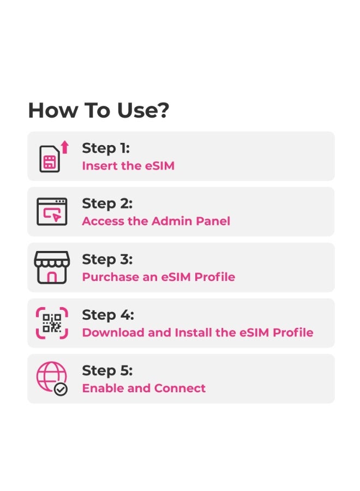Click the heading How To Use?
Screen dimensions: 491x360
pyautogui.click(x=99, y=110)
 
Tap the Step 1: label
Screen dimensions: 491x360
pyautogui.click(x=106, y=148)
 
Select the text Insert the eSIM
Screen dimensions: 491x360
pyautogui.click(x=128, y=166)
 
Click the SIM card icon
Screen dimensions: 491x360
pyautogui.click(x=49, y=159)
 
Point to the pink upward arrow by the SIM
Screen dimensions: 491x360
pyautogui.click(x=65, y=147)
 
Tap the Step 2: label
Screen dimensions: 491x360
pyautogui.click(x=107, y=203)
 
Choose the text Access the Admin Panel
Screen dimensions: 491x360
pyautogui.click(x=156, y=221)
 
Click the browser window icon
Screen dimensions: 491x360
pyautogui.click(x=52, y=212)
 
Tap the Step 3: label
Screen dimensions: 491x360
pyautogui.click(x=107, y=259)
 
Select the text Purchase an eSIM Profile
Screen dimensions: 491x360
pyautogui.click(x=158, y=277)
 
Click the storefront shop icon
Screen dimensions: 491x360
pyautogui.click(x=52, y=267)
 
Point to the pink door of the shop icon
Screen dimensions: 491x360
pyautogui.click(x=52, y=277)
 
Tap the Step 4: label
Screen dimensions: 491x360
pyautogui.click(x=107, y=315)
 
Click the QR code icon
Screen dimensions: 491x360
pyautogui.click(x=52, y=323)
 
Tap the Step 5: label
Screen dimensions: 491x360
pyautogui.click(x=107, y=370)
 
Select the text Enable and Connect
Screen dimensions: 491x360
pyautogui.click(x=143, y=388)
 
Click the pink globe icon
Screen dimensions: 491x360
pyautogui.click(x=50, y=376)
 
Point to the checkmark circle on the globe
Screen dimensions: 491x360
pyautogui.click(x=61, y=389)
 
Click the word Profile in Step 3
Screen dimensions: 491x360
pyautogui.click(x=217, y=277)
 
